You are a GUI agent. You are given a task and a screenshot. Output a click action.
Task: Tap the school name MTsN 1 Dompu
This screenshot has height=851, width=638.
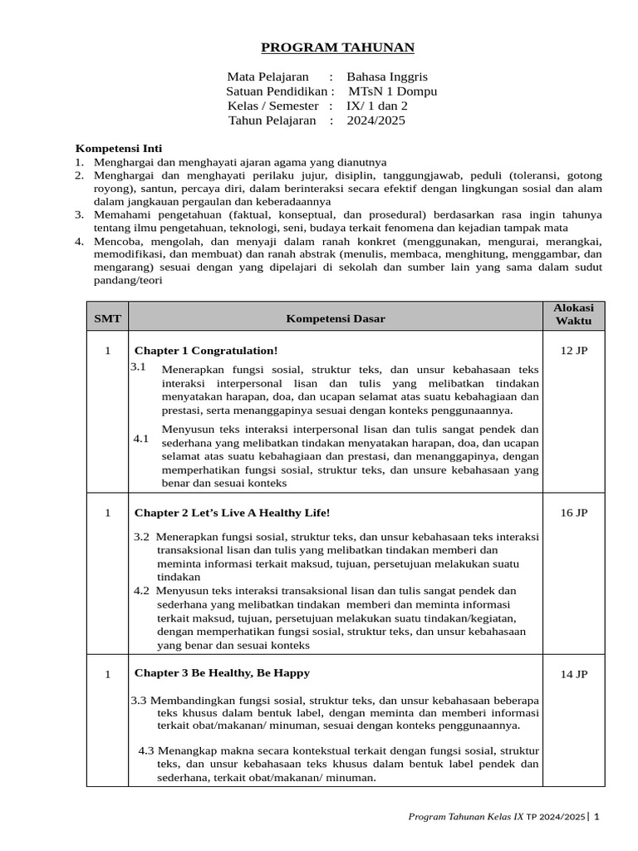pos(392,91)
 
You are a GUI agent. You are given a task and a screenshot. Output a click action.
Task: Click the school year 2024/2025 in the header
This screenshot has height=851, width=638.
pos(376,121)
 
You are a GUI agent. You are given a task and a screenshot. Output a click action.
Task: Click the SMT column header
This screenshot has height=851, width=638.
pos(107,318)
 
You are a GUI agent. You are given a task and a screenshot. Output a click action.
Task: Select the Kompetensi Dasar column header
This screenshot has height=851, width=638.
pos(336,318)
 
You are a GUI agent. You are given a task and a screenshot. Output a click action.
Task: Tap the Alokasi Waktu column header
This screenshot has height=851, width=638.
pos(574,314)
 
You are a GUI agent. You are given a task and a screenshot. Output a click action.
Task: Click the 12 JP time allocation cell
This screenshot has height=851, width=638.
pos(574,351)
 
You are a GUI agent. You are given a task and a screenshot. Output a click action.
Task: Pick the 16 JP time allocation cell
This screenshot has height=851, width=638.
pos(574,513)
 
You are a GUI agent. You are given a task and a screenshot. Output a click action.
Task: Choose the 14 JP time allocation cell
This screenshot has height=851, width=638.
pos(574,674)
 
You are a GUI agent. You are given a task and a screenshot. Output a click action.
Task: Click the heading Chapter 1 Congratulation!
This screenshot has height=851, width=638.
pos(206,351)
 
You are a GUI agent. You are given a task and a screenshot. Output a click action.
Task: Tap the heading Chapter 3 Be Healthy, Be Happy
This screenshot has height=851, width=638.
pos(222,672)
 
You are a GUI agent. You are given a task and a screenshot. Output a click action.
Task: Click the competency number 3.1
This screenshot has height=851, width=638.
pos(138,366)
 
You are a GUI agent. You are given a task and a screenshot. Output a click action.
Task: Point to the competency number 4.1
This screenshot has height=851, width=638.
pos(141,438)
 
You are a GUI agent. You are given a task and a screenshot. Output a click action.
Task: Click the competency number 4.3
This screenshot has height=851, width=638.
pos(146,750)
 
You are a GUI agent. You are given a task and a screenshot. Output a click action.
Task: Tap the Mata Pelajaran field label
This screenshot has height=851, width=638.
pos(262,76)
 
